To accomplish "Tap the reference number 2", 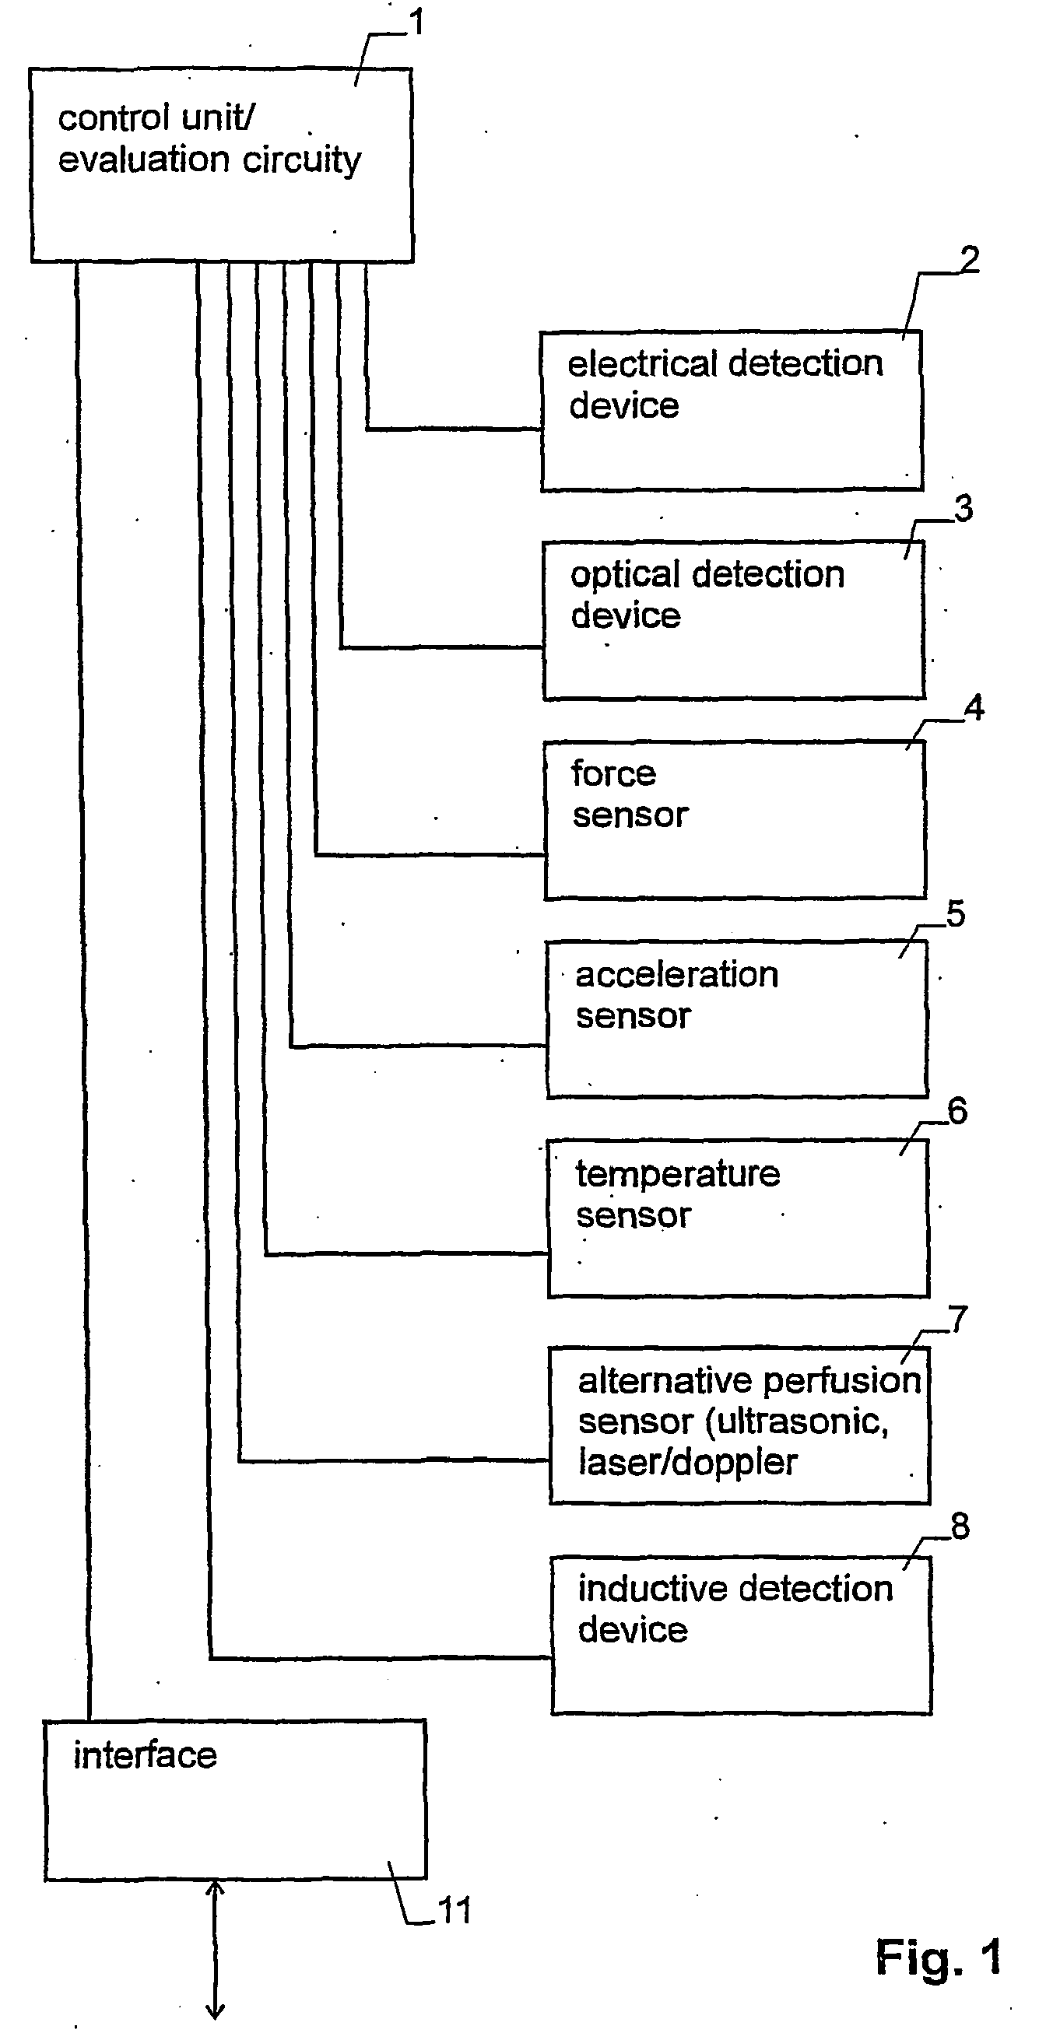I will (968, 260).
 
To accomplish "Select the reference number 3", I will (963, 509).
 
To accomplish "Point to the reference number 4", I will (974, 708).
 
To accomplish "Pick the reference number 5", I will (956, 914).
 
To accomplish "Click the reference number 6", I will (957, 1112).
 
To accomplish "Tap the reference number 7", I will (958, 1320).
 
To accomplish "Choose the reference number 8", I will (960, 1526).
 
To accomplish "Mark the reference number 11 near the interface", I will (455, 1911).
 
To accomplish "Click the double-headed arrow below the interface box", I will (215, 1949).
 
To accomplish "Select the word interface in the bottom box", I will (145, 1756).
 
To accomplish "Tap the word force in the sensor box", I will (614, 773).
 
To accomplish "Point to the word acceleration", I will (677, 975).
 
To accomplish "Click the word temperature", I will (678, 1174).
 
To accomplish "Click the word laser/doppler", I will (687, 1463).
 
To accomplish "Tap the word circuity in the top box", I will (302, 161).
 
